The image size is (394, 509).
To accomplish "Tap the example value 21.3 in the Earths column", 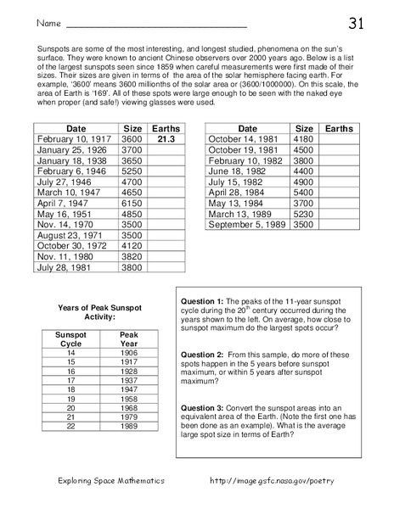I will click(166, 136).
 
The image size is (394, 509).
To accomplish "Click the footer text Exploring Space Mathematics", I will click(106, 482).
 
